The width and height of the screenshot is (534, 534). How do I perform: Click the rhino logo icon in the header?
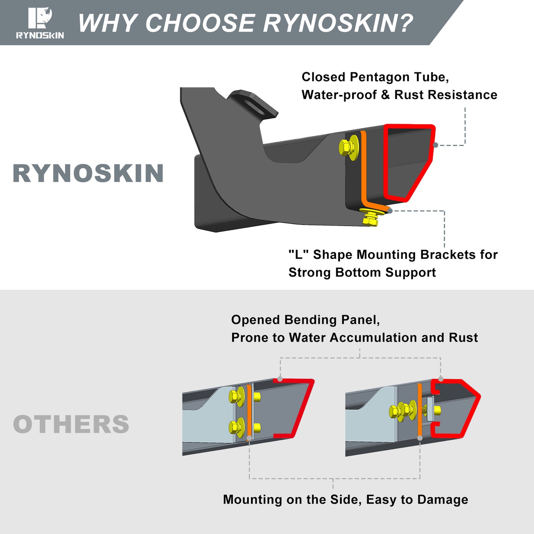tap(40, 18)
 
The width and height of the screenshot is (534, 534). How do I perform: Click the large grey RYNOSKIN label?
tap(88, 173)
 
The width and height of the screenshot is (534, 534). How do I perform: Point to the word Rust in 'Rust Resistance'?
tap(409, 95)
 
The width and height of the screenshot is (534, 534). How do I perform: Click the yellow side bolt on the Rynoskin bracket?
tap(348, 147)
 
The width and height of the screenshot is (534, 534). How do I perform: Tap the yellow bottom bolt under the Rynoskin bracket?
tap(371, 217)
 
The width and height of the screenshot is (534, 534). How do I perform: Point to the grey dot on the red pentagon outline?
tap(435, 145)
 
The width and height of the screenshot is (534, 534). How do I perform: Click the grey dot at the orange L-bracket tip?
tap(390, 211)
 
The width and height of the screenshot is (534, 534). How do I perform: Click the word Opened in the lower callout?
tap(255, 320)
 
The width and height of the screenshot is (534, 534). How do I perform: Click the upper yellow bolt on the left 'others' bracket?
tap(237, 397)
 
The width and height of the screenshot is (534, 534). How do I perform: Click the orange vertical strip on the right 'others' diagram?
tap(419, 409)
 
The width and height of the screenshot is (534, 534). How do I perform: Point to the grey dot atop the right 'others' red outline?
tap(441, 379)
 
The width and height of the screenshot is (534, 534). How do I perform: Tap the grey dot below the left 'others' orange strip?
tap(249, 438)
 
